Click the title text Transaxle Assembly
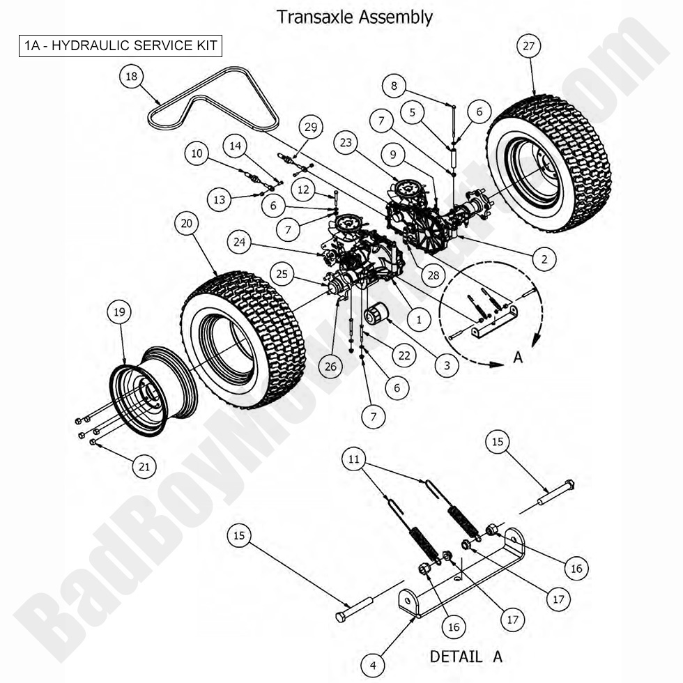(355, 17)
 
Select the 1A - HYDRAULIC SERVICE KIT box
(121, 46)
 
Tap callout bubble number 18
(131, 77)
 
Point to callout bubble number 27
(529, 46)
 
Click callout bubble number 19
(120, 312)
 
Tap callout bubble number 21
(144, 466)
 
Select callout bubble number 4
(373, 666)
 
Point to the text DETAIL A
(466, 657)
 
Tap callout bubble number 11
(355, 459)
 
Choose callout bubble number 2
(544, 259)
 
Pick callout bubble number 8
(394, 86)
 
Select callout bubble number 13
(219, 199)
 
